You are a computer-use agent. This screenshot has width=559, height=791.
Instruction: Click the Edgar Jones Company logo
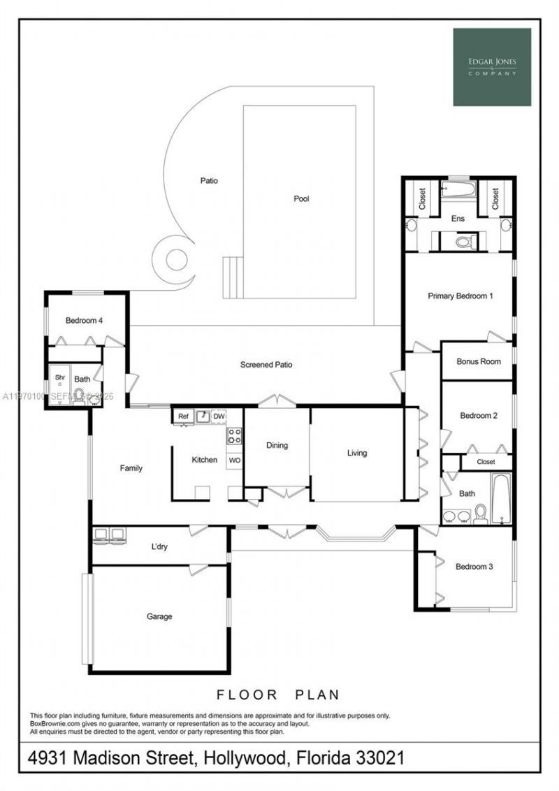coord(492,67)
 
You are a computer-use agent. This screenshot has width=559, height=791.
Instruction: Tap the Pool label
coord(301,199)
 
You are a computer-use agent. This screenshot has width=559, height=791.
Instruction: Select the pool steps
coord(233,277)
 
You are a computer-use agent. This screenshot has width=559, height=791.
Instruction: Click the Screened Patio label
coord(266,365)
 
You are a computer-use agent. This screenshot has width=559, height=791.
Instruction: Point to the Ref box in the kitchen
coord(183,416)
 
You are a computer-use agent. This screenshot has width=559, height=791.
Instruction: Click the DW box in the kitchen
coord(219,416)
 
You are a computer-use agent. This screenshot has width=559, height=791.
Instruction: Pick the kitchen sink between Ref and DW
coord(201,416)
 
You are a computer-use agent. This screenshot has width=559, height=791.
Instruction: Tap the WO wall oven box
coord(234,460)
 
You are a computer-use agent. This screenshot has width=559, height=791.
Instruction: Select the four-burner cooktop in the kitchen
coord(234,436)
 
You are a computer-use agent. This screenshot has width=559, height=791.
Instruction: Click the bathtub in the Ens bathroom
coord(458,190)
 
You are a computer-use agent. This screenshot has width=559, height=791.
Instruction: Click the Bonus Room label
coord(479,362)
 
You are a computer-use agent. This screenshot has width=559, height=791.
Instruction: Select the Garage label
coord(159,616)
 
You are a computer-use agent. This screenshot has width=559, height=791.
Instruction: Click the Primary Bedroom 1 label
coord(460,296)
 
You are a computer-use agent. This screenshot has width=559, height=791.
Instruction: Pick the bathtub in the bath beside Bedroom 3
coord(500,498)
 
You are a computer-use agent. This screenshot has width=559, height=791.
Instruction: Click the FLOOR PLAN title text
coord(277,695)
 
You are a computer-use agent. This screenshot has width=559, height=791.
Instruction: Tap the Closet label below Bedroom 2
coord(486,462)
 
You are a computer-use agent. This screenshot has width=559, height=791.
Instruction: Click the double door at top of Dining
coord(277,402)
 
